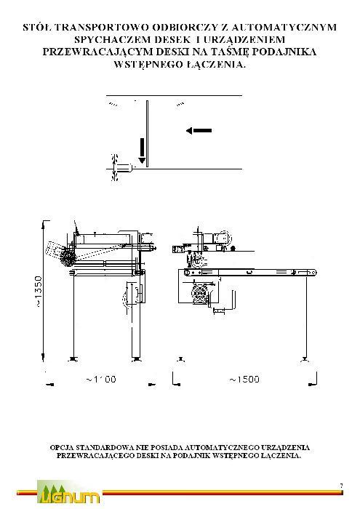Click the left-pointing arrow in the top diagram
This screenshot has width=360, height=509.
pyautogui.click(x=199, y=130)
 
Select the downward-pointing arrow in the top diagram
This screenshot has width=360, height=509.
pyautogui.click(x=142, y=151)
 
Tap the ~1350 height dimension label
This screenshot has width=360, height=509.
pyautogui.click(x=39, y=292)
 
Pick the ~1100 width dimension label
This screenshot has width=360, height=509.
pyautogui.click(x=101, y=379)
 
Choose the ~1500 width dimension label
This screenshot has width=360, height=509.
pyautogui.click(x=244, y=380)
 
